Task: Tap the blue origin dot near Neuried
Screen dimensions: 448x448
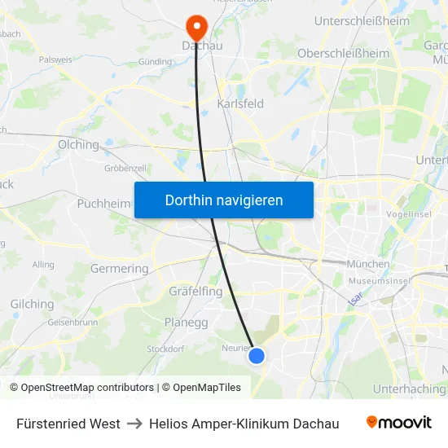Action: (257, 355)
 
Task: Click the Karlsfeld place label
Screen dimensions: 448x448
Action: (240, 104)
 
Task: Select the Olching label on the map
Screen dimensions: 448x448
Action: (78, 144)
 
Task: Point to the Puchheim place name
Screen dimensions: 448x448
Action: (103, 204)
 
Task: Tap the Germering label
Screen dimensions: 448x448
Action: (119, 268)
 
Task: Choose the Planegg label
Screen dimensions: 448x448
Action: (186, 323)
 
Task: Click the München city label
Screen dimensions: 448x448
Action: (368, 264)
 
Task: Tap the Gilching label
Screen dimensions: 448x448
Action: (32, 304)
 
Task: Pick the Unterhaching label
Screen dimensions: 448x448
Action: (409, 389)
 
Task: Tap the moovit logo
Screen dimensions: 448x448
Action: (399, 423)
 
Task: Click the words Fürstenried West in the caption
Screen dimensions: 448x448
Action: (68, 424)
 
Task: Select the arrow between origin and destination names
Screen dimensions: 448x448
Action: (134, 424)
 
